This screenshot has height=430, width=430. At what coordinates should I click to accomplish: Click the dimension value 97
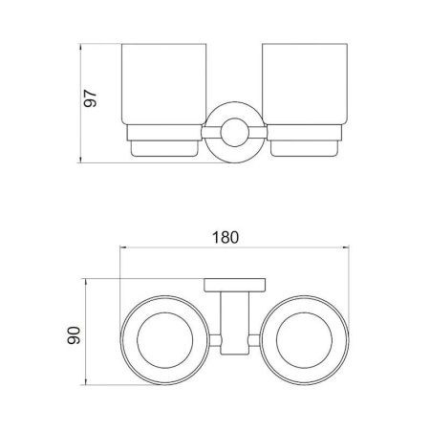coord(90,97)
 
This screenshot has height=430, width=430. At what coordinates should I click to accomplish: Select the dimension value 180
coord(226,237)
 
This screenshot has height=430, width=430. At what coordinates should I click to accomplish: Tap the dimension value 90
coord(74,335)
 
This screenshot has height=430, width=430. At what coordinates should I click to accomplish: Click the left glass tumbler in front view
coord(164,84)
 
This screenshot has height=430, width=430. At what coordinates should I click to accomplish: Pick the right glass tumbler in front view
coord(305,84)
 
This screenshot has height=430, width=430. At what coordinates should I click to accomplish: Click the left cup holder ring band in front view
coord(164,133)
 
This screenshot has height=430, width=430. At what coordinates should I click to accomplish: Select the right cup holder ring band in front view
coord(304,133)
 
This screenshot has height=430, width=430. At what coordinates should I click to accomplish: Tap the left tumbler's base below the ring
coord(164,148)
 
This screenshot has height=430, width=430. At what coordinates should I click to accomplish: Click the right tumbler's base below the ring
coord(304,148)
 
